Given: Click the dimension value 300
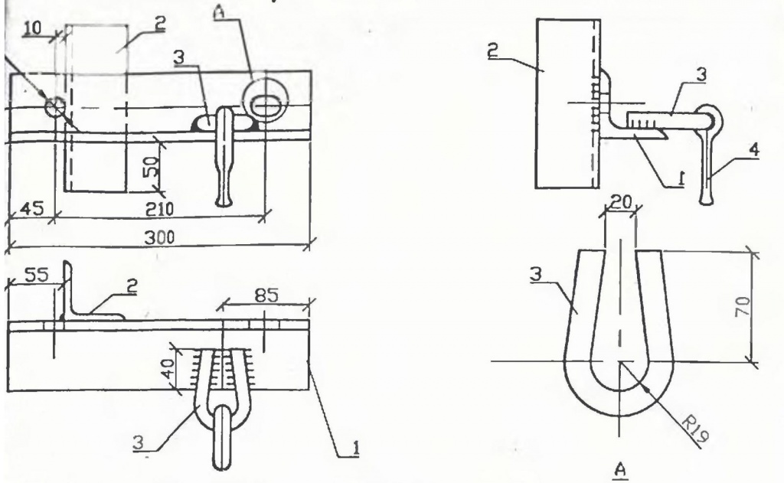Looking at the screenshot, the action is click(159, 237).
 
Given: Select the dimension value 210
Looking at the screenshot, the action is click(159, 209).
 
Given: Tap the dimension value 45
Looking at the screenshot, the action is click(32, 208).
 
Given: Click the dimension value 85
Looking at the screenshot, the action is click(266, 295).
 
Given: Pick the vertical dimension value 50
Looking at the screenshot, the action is click(152, 165).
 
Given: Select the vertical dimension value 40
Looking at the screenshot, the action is click(169, 369).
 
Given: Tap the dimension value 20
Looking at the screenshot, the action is click(620, 202).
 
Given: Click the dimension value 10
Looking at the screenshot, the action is click(32, 28).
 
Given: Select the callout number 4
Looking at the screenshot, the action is click(753, 149).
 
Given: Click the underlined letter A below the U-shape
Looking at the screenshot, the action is click(620, 470).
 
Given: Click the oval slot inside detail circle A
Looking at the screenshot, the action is click(265, 105).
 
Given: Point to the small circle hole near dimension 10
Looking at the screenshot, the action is click(55, 106).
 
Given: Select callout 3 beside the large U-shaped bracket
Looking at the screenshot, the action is click(536, 275).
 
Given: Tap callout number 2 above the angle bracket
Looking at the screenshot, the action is click(132, 286).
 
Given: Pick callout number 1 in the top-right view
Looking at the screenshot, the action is click(681, 178).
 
